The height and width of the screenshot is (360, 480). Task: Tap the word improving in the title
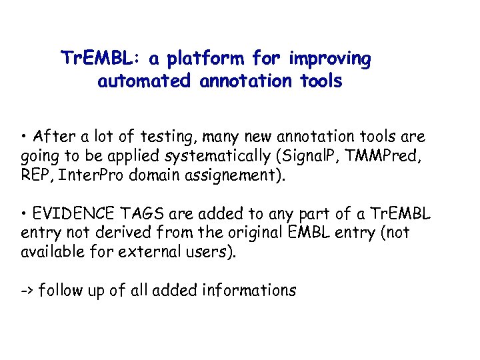330,59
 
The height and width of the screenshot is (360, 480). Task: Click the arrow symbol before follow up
27,291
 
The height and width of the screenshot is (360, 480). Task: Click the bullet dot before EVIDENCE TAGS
23,215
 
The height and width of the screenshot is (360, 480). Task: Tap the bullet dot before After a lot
23,137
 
